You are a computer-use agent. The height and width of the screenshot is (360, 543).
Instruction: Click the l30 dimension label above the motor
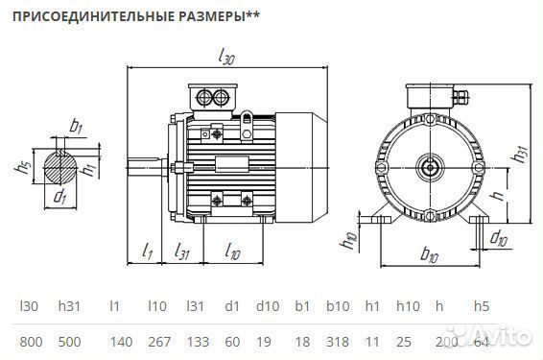click(x=226, y=58)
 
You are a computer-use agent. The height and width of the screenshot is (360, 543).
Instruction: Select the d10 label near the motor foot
click(x=499, y=237)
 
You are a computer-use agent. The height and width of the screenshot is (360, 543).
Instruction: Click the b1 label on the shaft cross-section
click(x=76, y=126)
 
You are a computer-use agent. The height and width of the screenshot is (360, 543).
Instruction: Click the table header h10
click(x=405, y=307)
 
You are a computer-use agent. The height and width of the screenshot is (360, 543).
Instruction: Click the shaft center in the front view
click(x=429, y=166)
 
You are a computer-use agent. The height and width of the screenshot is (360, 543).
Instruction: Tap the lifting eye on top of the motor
click(x=248, y=118)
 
